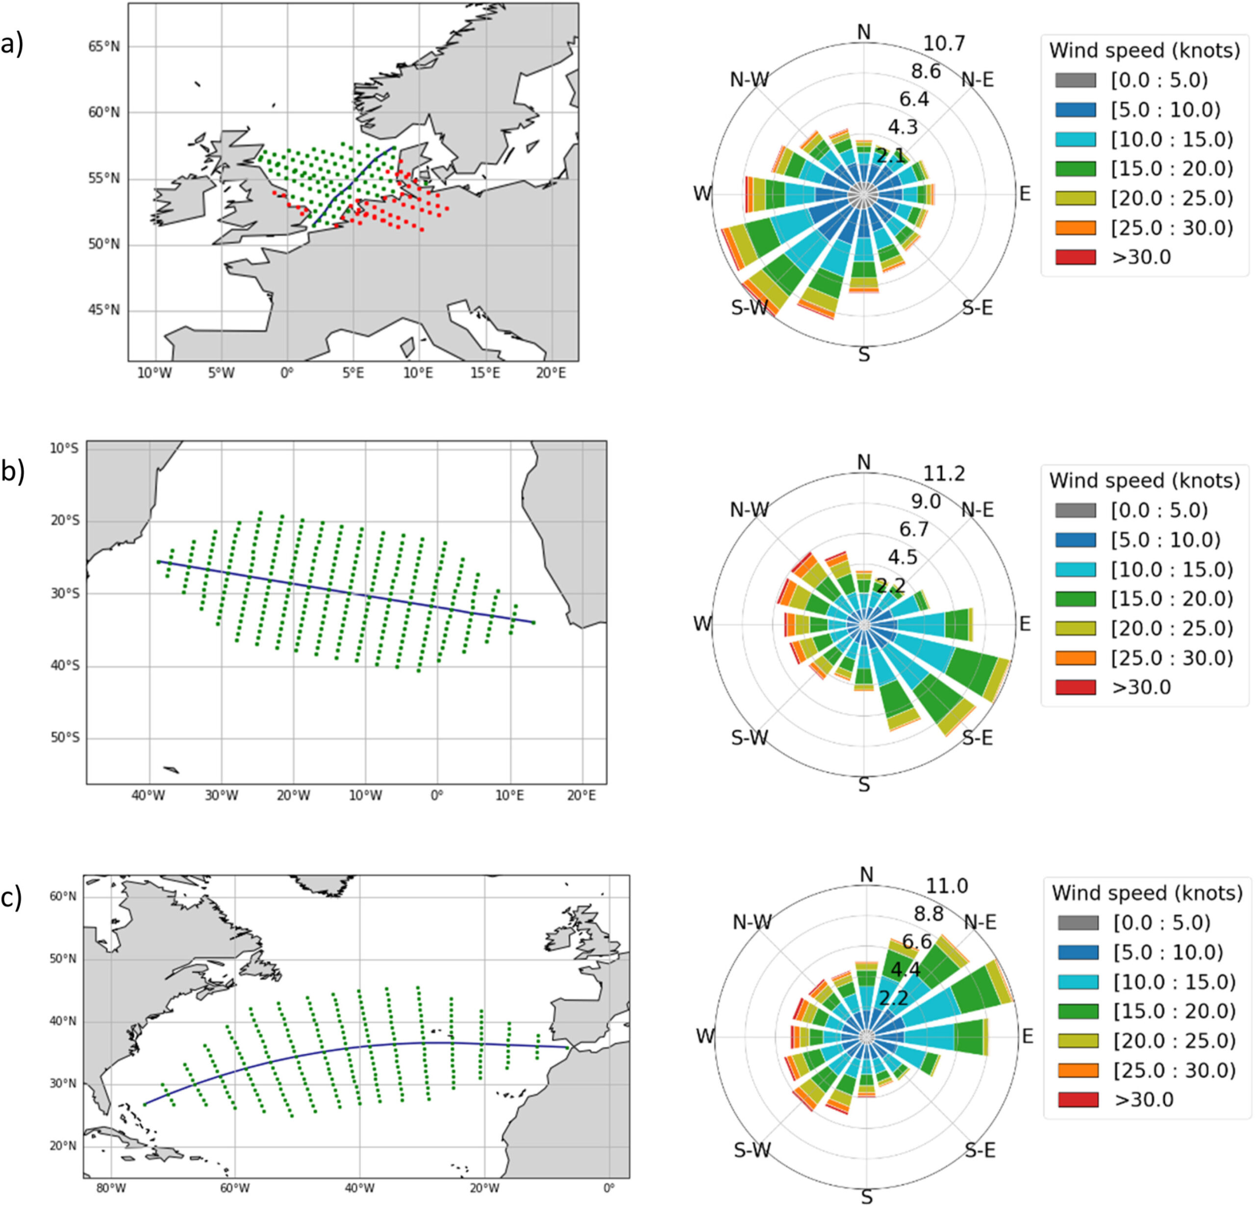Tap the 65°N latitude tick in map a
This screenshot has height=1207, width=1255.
(x=104, y=47)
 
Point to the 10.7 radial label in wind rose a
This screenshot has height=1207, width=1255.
(x=944, y=44)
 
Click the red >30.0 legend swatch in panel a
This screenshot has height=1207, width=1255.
(x=1075, y=257)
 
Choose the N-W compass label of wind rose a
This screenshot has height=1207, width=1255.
(x=749, y=79)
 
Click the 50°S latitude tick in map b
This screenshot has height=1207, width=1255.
(x=64, y=738)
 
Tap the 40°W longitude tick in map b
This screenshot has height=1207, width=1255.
(x=149, y=795)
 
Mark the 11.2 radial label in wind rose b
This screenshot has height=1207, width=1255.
(x=944, y=474)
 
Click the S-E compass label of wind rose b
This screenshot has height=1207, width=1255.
(x=977, y=738)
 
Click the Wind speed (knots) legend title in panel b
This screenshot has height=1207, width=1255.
(x=1145, y=480)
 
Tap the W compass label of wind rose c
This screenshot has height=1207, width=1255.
(x=705, y=1036)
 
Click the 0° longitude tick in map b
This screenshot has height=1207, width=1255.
(x=437, y=795)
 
